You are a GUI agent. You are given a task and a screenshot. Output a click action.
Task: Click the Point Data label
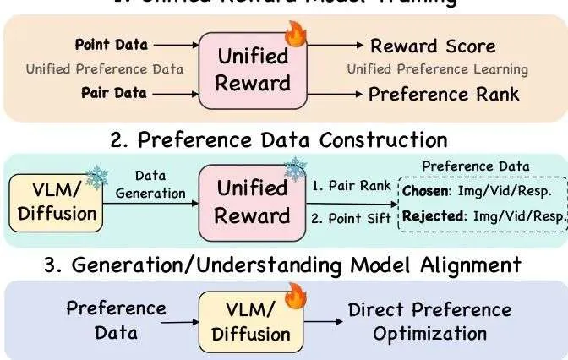click(111, 43)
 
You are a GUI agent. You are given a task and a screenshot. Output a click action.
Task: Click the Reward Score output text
click(433, 45)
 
